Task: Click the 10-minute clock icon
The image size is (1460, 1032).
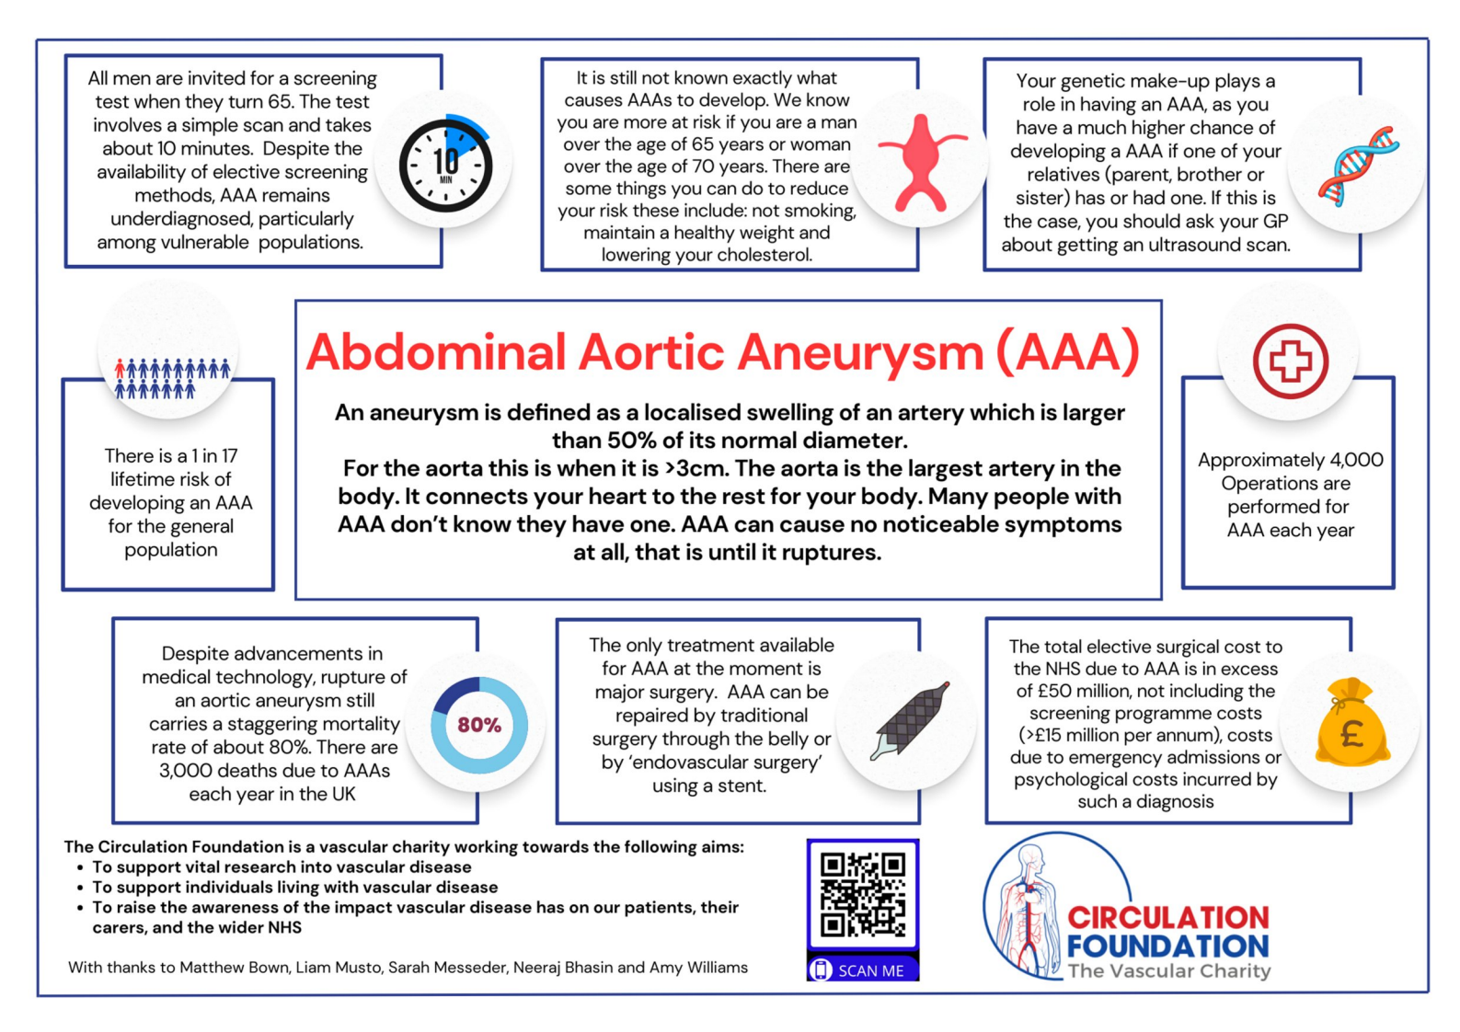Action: pyautogui.click(x=446, y=163)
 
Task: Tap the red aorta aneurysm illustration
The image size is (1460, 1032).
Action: pyautogui.click(x=921, y=163)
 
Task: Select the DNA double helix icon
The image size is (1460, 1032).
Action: pyautogui.click(x=1358, y=166)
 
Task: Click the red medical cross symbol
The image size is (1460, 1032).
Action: pyautogui.click(x=1291, y=361)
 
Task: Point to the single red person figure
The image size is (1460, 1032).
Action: pyautogui.click(x=120, y=369)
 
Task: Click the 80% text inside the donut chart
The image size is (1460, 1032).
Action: pyautogui.click(x=479, y=725)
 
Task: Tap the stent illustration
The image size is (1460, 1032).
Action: pyautogui.click(x=910, y=720)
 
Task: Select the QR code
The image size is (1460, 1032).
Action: pyautogui.click(x=863, y=895)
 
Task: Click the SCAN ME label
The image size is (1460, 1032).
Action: pyautogui.click(x=871, y=970)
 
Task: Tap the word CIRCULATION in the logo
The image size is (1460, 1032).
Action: pyautogui.click(x=1168, y=917)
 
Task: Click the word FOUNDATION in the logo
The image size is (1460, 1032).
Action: pyautogui.click(x=1168, y=946)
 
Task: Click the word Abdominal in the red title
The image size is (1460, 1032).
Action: pyautogui.click(x=436, y=352)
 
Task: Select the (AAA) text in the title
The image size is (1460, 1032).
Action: pyautogui.click(x=1068, y=352)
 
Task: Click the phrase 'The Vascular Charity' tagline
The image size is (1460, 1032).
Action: pyautogui.click(x=1169, y=971)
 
